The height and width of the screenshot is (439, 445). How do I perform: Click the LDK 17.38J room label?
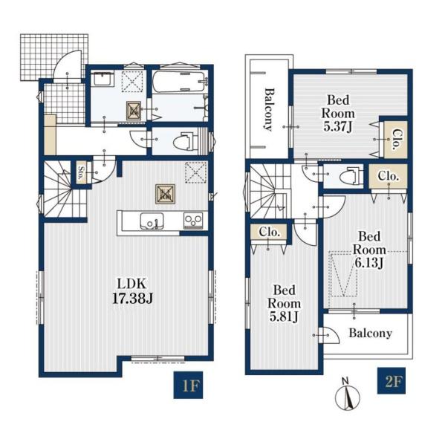(x=133, y=291)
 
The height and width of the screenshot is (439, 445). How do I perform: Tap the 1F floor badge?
(x=188, y=385)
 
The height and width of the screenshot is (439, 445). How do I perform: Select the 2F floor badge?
(x=391, y=381)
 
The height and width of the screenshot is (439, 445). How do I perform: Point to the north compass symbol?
(x=348, y=395)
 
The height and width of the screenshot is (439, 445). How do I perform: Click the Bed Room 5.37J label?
(x=338, y=114)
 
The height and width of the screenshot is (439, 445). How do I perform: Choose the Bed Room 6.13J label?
(x=369, y=250)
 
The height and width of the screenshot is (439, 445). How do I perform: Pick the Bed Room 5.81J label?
(x=284, y=304)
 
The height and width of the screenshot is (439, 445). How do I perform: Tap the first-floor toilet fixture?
(x=185, y=141)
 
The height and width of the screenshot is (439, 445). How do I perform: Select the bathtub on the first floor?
(x=178, y=82)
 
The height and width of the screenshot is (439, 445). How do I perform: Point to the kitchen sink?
(x=152, y=221)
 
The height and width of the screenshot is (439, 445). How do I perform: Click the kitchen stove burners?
(x=193, y=220)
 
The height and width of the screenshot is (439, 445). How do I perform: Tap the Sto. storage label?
(x=81, y=173)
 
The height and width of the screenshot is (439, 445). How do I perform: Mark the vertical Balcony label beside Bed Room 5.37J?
(x=269, y=109)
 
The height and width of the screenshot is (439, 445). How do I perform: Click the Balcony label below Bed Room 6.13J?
(x=371, y=334)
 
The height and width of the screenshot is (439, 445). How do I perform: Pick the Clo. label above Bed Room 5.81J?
(x=270, y=232)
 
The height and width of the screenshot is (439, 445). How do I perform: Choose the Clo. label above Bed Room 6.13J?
(x=389, y=176)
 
